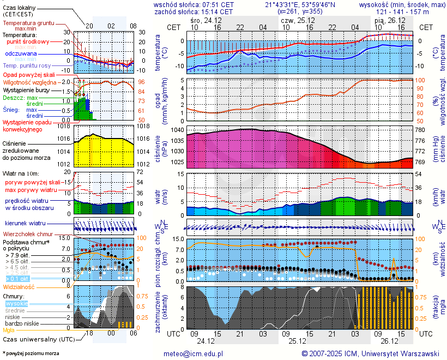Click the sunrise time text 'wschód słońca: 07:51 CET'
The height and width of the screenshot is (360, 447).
point(194,4)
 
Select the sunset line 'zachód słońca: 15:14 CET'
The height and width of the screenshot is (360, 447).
point(194,11)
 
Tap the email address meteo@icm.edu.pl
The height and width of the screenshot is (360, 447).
point(194,353)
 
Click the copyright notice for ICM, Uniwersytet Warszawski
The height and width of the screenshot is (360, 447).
point(371,353)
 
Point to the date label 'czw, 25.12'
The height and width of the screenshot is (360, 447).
point(294,20)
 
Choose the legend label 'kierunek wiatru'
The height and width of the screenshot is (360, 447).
point(25,224)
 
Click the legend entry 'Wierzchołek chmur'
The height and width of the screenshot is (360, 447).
point(28,233)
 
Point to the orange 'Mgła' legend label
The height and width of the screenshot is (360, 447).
point(9,330)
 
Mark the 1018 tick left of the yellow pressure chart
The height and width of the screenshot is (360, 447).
point(63,126)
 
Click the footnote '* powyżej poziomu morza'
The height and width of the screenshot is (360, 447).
point(31,353)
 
